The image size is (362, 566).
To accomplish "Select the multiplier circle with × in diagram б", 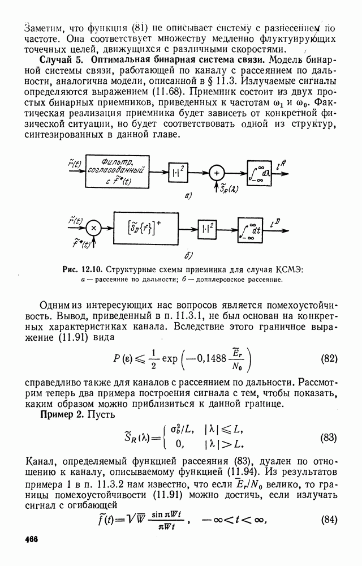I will coord(94,228).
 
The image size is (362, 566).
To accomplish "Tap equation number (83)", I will coord(329,438).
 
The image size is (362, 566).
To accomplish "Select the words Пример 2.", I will coord(63,415).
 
